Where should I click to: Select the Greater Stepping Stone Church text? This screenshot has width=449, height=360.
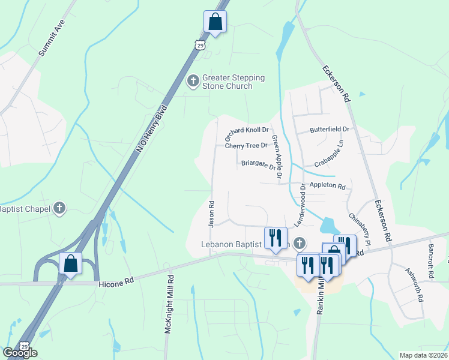(233, 82)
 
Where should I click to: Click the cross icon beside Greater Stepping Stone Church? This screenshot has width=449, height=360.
(193, 80)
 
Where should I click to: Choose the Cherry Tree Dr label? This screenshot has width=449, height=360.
(246, 145)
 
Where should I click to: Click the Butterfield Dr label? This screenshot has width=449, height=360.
(330, 129)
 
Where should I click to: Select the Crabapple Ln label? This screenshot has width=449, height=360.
(330, 154)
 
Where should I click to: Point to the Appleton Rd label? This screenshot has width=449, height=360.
(328, 187)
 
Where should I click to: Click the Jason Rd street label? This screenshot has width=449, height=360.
(211, 213)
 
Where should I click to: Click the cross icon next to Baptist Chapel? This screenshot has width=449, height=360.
(59, 208)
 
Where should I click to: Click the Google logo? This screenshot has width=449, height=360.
(20, 353)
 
